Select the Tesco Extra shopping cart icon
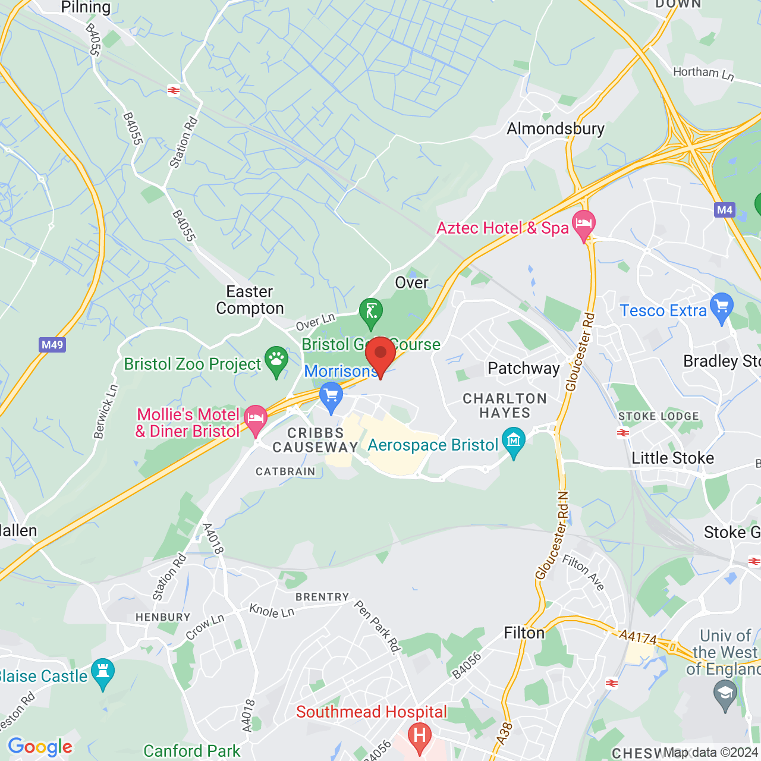point(722,307)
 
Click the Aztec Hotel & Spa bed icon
point(584,225)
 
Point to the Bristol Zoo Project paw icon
point(276,360)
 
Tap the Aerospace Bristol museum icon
point(514,441)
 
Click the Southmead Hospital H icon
point(420,735)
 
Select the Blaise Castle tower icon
point(103,672)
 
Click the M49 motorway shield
point(52,345)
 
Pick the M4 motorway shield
point(725,210)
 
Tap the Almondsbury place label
point(555,129)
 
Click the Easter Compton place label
point(250,300)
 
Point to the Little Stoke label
point(672,458)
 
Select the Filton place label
point(524,633)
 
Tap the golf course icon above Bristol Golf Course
point(371,311)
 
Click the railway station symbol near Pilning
point(174,90)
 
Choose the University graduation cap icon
point(725,693)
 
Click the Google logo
point(40,747)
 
